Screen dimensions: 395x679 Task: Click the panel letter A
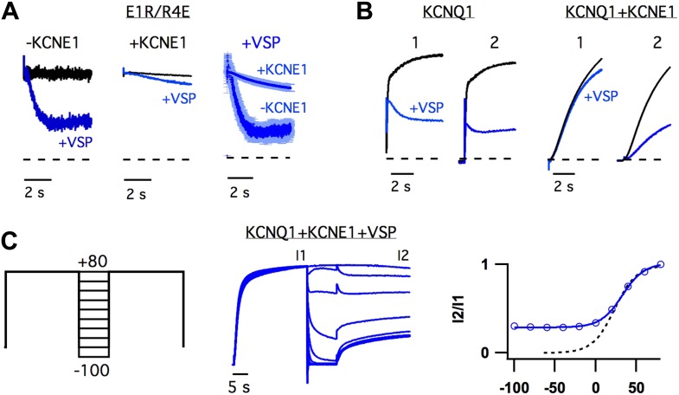coord(11,12)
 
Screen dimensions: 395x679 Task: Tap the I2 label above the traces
coord(403,255)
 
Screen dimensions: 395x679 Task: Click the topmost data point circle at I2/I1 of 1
coord(661,264)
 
